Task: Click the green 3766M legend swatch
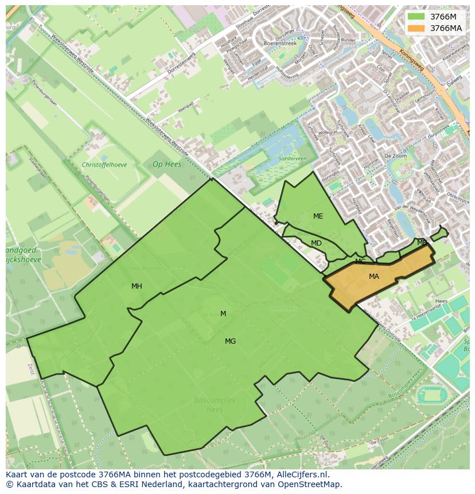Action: click(x=416, y=17)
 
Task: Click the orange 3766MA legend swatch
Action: click(x=416, y=28)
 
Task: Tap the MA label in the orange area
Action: click(x=374, y=277)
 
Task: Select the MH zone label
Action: click(x=137, y=286)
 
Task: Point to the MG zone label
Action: click(x=230, y=341)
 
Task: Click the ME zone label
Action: click(x=318, y=216)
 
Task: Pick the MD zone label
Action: click(x=316, y=243)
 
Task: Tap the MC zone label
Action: click(x=360, y=262)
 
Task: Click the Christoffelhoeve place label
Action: click(x=104, y=165)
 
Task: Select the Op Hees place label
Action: click(x=167, y=164)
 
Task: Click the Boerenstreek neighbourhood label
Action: click(x=279, y=44)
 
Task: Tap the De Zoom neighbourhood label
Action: click(x=395, y=155)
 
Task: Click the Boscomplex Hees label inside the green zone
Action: click(x=215, y=404)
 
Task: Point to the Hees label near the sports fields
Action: click(x=441, y=301)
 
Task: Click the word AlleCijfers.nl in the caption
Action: click(x=309, y=474)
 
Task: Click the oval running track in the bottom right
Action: click(x=430, y=395)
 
